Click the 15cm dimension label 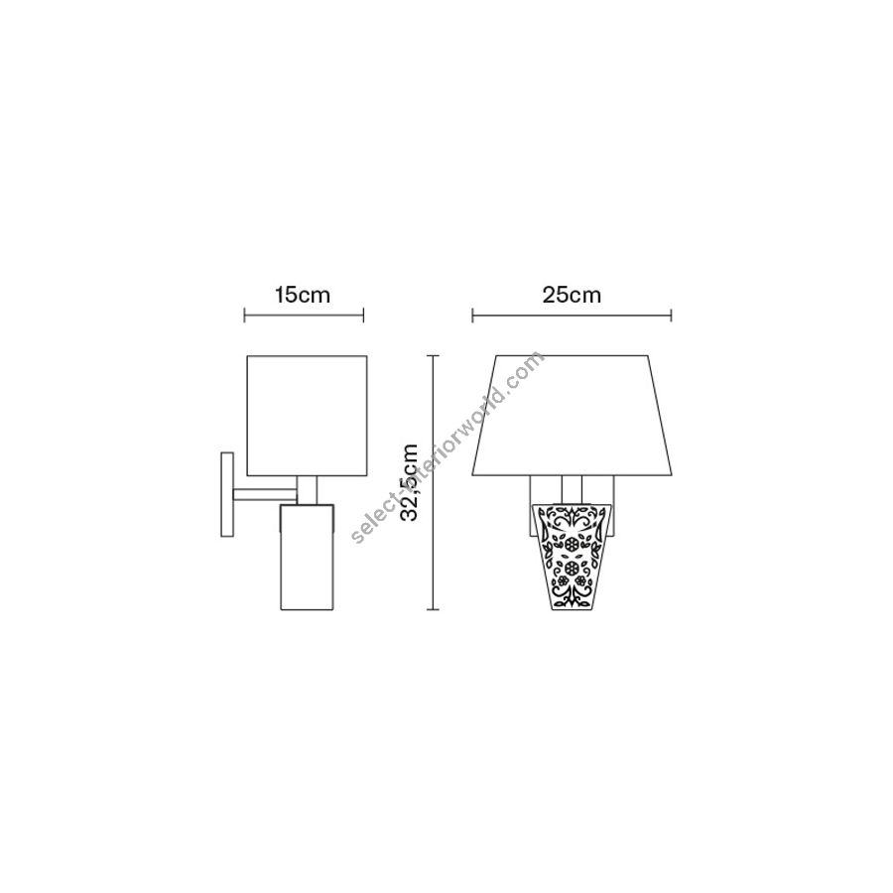303,295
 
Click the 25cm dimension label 572,295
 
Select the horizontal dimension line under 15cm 304,315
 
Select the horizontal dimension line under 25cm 572,315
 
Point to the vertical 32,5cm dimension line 435,482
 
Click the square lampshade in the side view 307,416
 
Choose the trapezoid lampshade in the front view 572,416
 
